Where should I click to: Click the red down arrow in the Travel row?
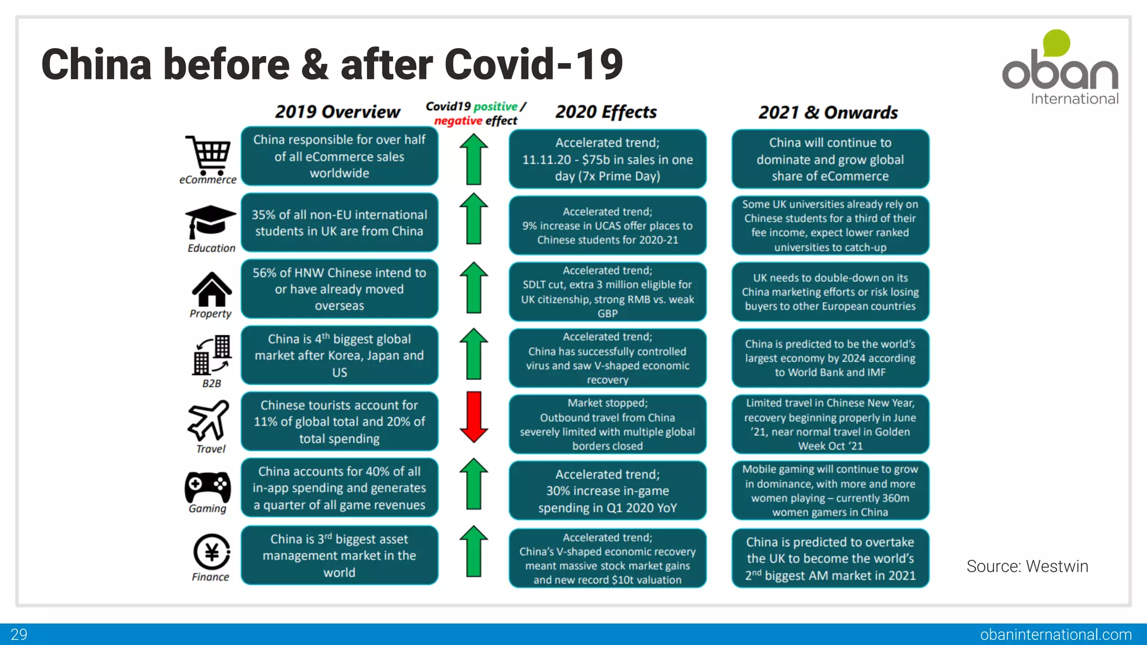(x=474, y=417)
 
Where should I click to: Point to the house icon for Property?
(x=212, y=289)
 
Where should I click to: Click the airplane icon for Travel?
(x=208, y=420)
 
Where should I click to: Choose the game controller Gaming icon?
(x=208, y=487)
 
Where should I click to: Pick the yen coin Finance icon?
(x=212, y=552)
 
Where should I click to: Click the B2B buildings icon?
(x=212, y=355)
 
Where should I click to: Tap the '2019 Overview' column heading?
(x=338, y=112)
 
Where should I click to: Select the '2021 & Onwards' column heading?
(x=828, y=113)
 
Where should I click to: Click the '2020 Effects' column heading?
(x=606, y=112)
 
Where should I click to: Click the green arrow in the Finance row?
(x=474, y=551)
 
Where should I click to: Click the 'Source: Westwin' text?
(x=1027, y=567)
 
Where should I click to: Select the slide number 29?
(x=19, y=634)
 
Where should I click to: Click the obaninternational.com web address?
(x=1056, y=634)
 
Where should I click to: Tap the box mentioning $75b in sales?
(x=608, y=160)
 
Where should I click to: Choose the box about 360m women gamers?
(x=830, y=490)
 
